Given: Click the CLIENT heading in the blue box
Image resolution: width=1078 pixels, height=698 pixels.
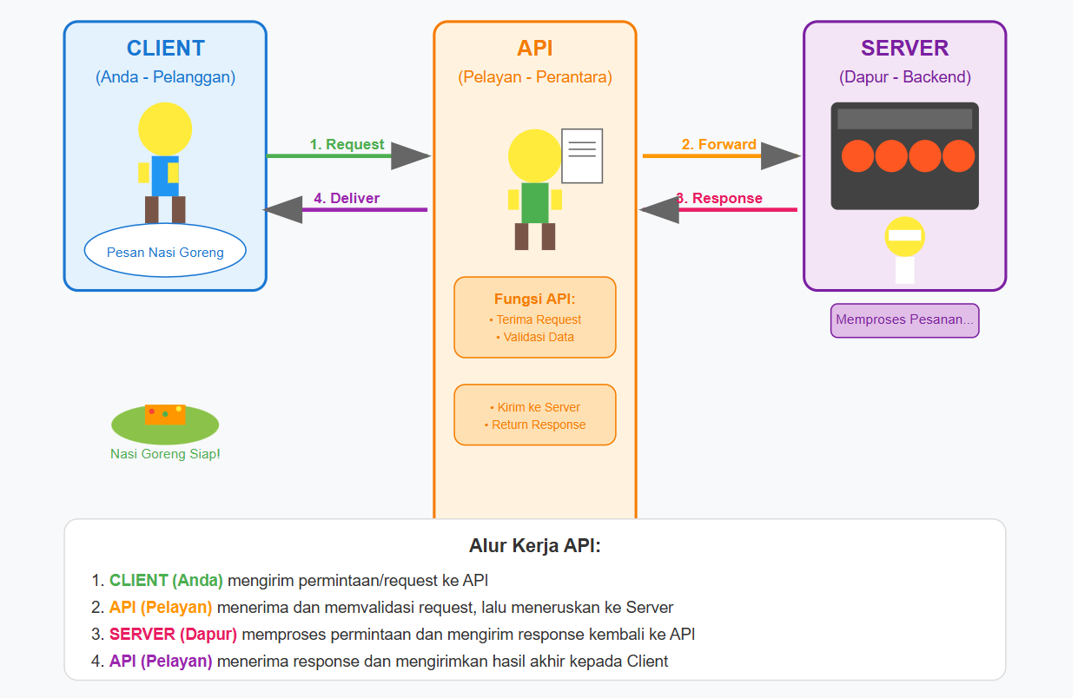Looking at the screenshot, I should click(x=165, y=49).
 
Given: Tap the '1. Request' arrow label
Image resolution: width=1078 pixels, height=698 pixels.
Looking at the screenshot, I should click(x=347, y=145).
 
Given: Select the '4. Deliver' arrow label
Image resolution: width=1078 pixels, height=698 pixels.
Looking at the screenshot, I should click(x=347, y=198).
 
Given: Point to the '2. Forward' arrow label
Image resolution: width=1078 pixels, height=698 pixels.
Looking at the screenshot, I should click(x=718, y=145).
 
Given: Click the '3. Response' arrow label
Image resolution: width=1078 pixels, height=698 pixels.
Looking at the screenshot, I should click(x=720, y=198).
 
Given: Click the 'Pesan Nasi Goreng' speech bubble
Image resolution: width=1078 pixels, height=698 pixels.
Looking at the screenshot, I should click(x=165, y=253).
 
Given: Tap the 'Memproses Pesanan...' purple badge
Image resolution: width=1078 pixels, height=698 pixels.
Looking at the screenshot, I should click(x=904, y=319).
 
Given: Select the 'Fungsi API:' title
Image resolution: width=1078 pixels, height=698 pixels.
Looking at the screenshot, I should click(x=534, y=300).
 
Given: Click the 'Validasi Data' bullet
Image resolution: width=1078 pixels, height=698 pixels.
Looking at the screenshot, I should click(x=536, y=337).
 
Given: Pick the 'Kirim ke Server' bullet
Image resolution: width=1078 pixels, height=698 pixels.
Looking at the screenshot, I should click(x=535, y=407).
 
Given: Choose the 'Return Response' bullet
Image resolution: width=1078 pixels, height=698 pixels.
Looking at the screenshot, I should click(x=535, y=425).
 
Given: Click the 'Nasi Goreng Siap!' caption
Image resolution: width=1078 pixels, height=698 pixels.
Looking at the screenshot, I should click(x=165, y=454).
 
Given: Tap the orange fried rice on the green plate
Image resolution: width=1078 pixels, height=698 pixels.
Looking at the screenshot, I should click(x=165, y=414).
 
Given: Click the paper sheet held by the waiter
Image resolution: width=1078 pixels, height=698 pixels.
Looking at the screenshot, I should click(x=582, y=156).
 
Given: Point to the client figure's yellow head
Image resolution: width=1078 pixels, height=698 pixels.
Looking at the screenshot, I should click(x=165, y=129).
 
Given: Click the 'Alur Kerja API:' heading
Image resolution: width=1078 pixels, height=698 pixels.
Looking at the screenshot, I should click(x=534, y=546).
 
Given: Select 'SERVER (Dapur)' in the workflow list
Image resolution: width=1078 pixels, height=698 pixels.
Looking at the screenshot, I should click(x=173, y=634).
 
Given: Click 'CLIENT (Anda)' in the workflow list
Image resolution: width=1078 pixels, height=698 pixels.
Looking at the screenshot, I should click(x=166, y=581).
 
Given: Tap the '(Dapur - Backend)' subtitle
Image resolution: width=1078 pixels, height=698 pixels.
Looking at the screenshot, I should click(x=904, y=77).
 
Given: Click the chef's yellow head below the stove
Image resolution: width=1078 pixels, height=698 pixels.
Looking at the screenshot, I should click(x=904, y=236).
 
